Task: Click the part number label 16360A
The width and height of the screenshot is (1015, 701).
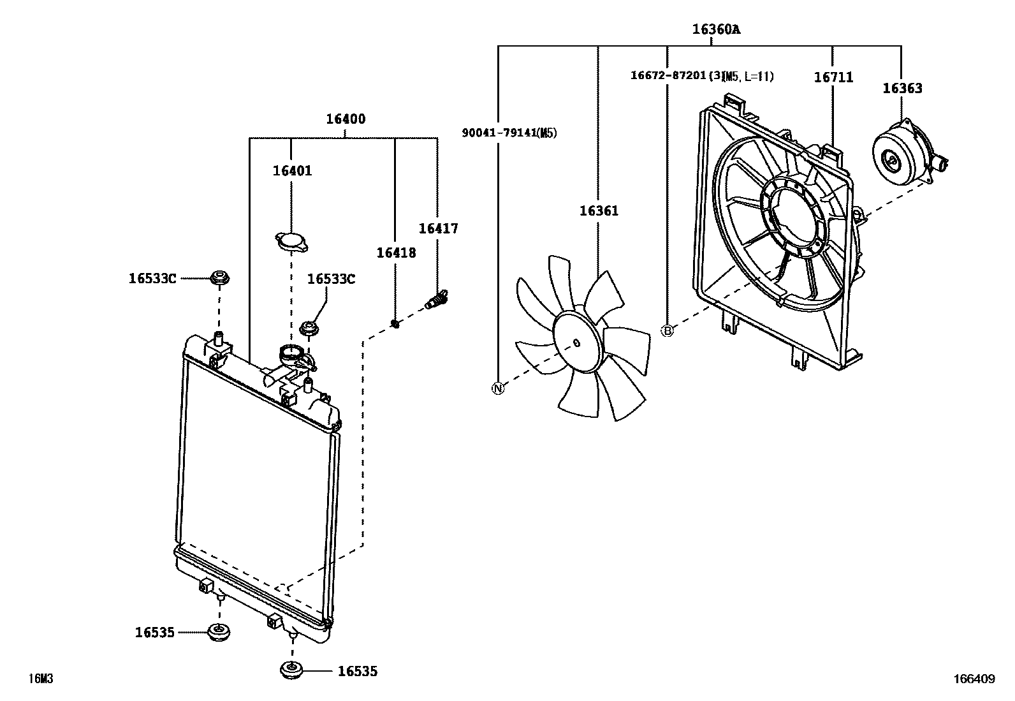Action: pyautogui.click(x=716, y=29)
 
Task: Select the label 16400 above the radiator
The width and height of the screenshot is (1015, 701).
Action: pyautogui.click(x=346, y=119)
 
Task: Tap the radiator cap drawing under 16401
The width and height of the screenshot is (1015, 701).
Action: pyautogui.click(x=292, y=242)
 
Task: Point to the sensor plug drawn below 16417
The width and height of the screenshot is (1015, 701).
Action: pyautogui.click(x=437, y=299)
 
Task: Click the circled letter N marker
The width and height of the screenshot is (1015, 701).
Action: pyautogui.click(x=498, y=388)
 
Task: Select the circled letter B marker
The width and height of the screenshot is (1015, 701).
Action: pyautogui.click(x=667, y=330)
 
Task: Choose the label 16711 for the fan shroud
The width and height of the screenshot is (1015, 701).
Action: pyautogui.click(x=833, y=78)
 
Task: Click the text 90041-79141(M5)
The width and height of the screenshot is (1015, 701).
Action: pyautogui.click(x=509, y=133)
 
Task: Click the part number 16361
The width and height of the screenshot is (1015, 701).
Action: pyautogui.click(x=599, y=210)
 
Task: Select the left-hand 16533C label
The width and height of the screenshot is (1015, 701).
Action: pyautogui.click(x=152, y=278)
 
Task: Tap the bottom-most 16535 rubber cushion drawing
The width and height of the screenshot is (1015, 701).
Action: pyautogui.click(x=292, y=671)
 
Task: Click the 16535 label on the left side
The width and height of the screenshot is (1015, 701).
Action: pyautogui.click(x=154, y=632)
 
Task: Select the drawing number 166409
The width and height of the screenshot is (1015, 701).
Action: pyautogui.click(x=974, y=679)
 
